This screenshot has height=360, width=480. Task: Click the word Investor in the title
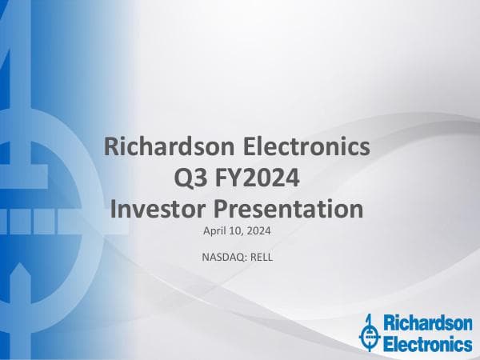[x=153, y=210]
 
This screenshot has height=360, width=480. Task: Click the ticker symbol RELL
[x=261, y=257]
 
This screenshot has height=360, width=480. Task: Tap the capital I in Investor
[x=111, y=210]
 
